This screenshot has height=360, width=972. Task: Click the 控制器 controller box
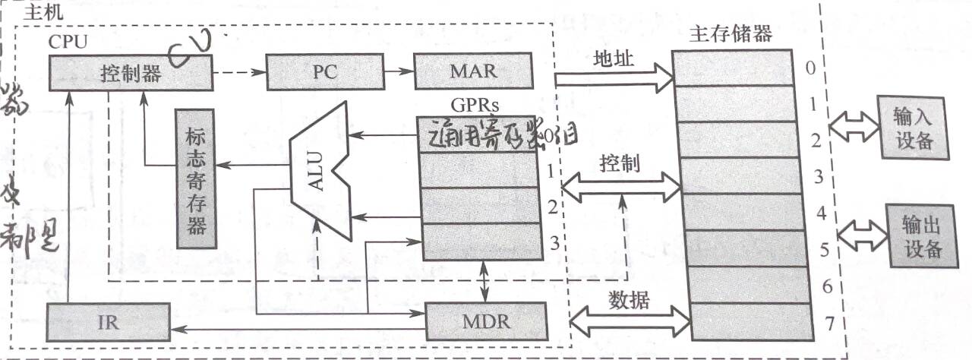(x=131, y=74)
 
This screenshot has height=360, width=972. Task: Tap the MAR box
(x=473, y=72)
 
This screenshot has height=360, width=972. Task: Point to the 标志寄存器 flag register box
(x=195, y=178)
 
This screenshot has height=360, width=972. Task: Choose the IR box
(x=108, y=321)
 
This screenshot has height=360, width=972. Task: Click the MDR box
(x=485, y=321)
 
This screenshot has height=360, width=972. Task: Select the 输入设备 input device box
(x=912, y=128)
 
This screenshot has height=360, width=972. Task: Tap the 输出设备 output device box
(x=922, y=235)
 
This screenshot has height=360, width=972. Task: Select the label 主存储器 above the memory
(x=730, y=34)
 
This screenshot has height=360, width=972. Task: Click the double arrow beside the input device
(x=853, y=128)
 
